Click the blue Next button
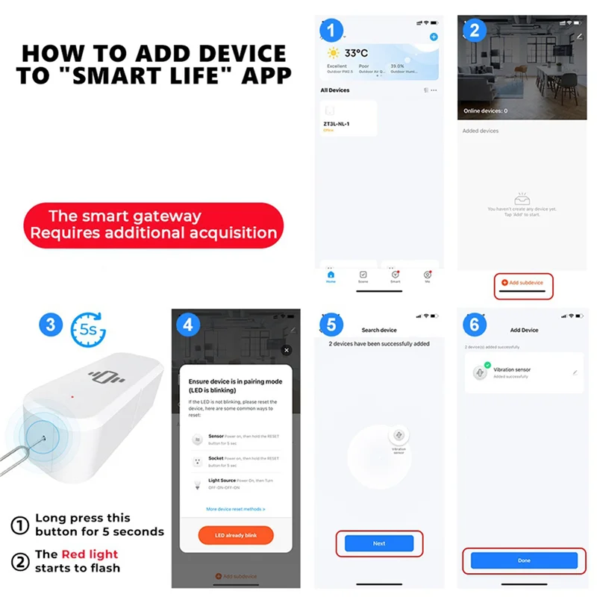click(x=379, y=543)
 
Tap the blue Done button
click(x=524, y=560)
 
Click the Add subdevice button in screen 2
click(x=522, y=283)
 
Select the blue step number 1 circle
click(x=331, y=31)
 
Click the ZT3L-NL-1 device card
click(x=348, y=119)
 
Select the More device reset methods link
click(x=235, y=509)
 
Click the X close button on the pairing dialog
click(x=286, y=350)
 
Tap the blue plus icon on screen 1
click(x=434, y=37)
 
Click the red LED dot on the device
click(x=72, y=397)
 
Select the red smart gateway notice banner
click(x=152, y=225)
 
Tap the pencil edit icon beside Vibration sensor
click(x=575, y=372)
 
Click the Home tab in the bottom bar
click(x=331, y=276)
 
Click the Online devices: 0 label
click(x=485, y=111)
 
